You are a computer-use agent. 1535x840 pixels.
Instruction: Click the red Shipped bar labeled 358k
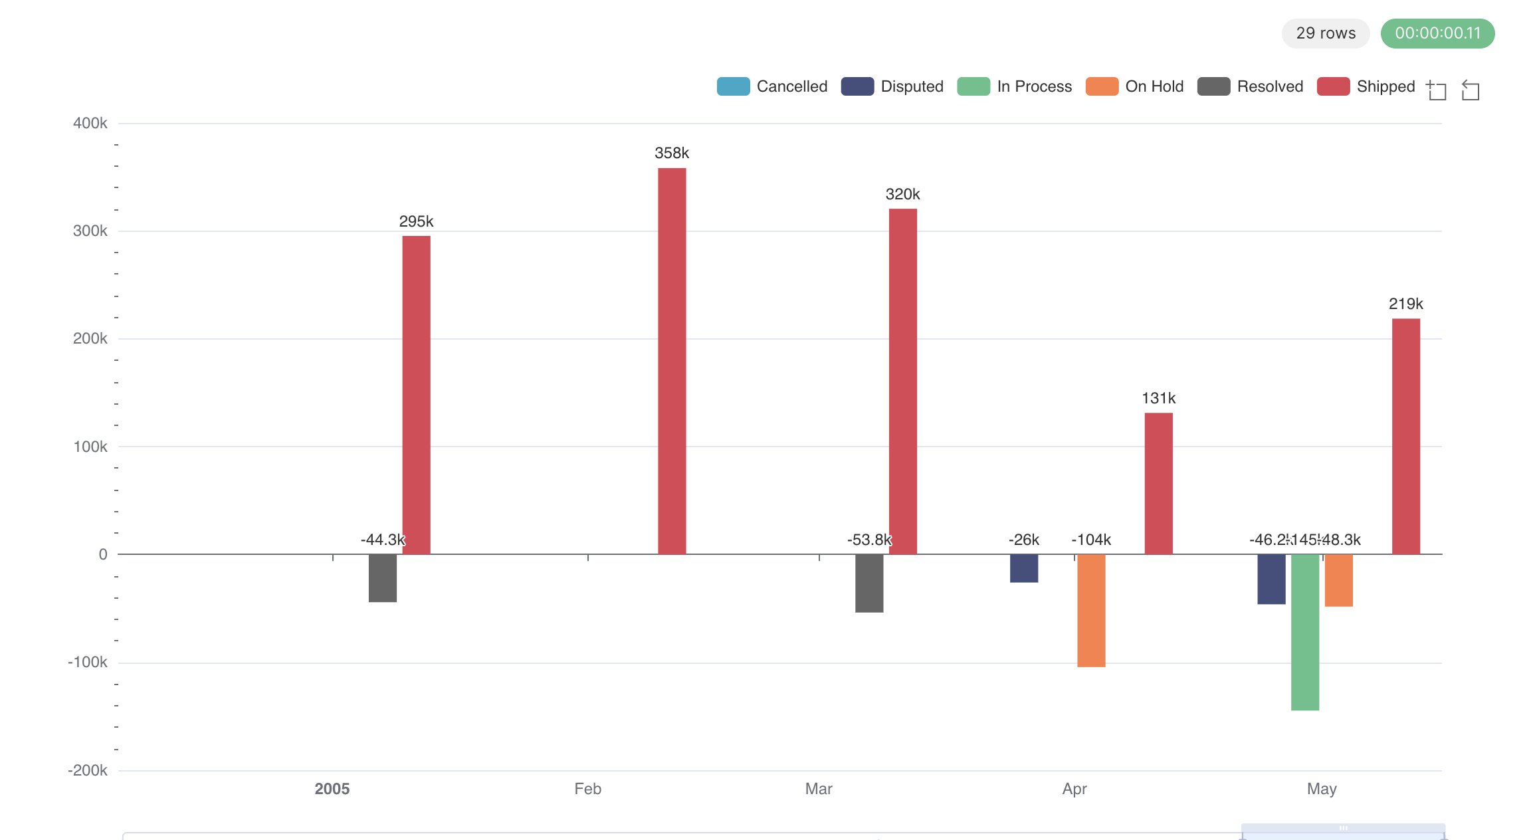coord(672,361)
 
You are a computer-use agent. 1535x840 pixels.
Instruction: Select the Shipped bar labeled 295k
coord(416,395)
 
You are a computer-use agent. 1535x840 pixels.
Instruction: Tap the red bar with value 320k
coord(902,381)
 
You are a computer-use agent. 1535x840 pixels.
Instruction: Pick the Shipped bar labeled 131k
coord(1158,483)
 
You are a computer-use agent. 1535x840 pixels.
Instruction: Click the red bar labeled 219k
coord(1405,436)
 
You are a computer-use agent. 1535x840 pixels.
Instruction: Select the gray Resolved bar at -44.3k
coord(383,578)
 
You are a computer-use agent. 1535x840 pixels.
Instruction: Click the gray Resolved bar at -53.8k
coord(869,583)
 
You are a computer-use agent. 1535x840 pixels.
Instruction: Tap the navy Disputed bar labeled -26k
coord(1024,568)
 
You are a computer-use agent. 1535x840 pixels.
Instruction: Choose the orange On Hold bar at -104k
coord(1091,610)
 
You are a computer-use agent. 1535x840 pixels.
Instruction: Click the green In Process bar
coord(1304,632)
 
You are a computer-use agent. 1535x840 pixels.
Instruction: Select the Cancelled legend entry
coord(773,86)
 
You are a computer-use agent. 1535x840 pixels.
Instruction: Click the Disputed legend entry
coord(892,86)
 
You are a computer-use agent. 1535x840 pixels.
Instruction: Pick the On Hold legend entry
coord(1135,86)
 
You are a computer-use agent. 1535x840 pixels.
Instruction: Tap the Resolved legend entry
coord(1251,86)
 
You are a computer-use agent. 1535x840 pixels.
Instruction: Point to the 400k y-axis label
coord(90,123)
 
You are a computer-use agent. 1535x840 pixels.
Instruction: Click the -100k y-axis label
coord(88,663)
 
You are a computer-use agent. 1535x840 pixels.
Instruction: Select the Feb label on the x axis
coord(587,789)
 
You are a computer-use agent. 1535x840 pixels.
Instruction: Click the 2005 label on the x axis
coord(332,789)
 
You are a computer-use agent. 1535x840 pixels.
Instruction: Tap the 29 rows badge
coord(1325,33)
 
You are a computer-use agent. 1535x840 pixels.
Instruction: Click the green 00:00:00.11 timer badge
coord(1437,33)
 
